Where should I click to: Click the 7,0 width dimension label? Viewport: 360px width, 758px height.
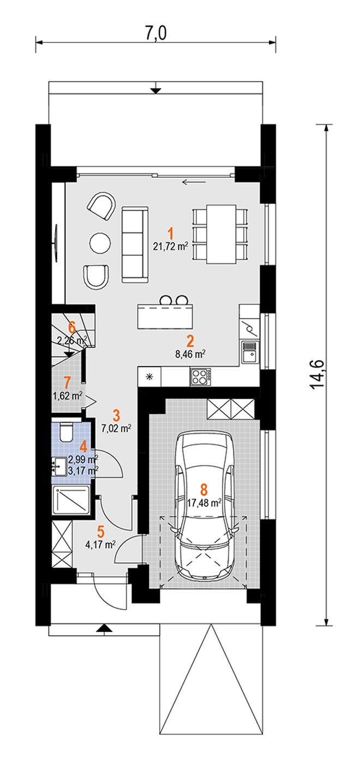(x=156, y=33)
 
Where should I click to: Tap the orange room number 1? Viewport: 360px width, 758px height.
(x=171, y=234)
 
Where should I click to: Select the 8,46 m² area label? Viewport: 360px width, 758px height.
(x=190, y=354)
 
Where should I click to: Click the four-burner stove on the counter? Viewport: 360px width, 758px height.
(x=201, y=377)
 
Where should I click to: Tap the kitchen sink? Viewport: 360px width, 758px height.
(x=250, y=352)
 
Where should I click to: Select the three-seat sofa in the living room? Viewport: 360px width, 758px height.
(x=135, y=244)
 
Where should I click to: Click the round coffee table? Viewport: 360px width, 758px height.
(x=100, y=242)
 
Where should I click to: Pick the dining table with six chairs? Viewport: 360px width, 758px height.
(x=221, y=234)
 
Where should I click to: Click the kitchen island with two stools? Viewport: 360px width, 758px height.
(x=165, y=312)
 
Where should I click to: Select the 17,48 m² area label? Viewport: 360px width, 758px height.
(x=205, y=503)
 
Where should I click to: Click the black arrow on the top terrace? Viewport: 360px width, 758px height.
(x=155, y=88)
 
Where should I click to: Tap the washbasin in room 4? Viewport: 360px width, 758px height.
(x=59, y=467)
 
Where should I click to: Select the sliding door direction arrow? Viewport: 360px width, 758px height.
(x=194, y=182)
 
